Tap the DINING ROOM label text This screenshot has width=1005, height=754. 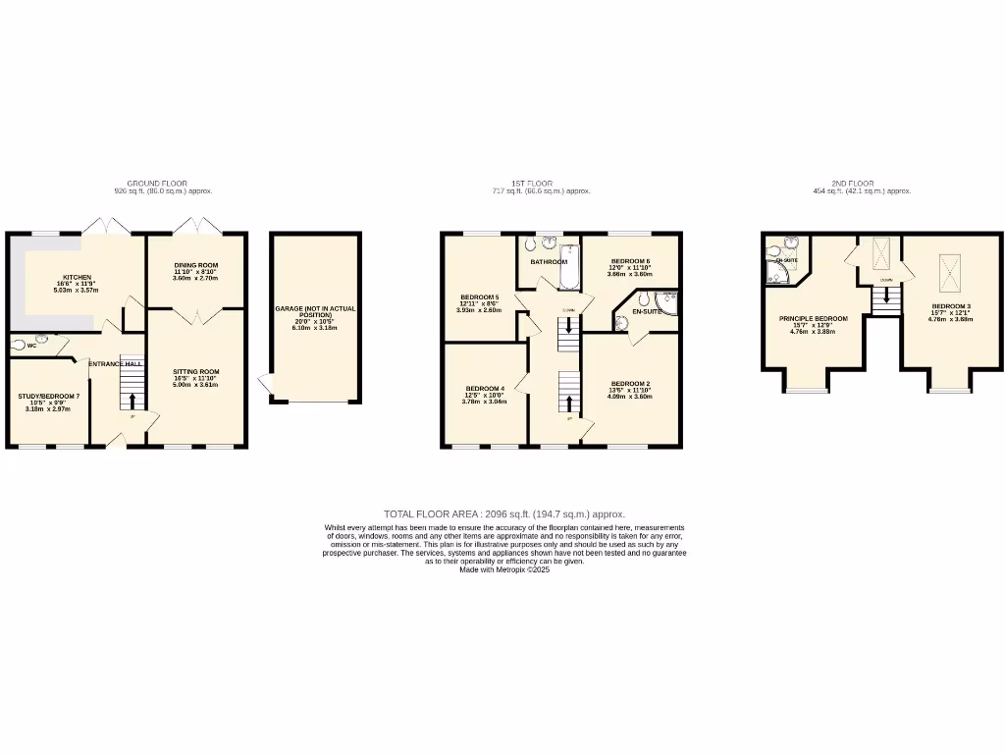[195, 265]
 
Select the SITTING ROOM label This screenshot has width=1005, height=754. [195, 372]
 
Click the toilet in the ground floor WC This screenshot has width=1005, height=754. [20, 345]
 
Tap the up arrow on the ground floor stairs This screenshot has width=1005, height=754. [132, 401]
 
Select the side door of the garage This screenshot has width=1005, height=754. [264, 385]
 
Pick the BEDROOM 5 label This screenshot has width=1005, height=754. [480, 297]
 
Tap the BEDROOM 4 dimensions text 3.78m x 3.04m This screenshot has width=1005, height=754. [486, 401]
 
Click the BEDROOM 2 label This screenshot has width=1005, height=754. [630, 383]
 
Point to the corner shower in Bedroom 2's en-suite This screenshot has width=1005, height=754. [669, 302]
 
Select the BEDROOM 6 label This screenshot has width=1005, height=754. [630, 261]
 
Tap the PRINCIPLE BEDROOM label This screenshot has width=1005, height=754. [813, 319]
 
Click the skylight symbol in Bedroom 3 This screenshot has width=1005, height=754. [951, 272]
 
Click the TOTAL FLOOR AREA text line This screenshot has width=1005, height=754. [503, 513]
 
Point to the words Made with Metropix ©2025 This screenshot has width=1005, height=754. [503, 569]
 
